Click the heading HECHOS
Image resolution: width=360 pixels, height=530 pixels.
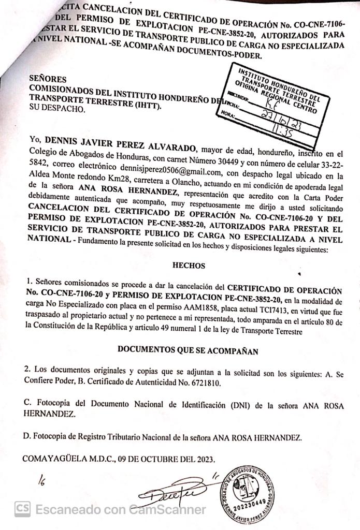tap(189, 266)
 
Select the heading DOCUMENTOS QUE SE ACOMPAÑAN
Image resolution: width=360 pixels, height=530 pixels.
tap(188, 349)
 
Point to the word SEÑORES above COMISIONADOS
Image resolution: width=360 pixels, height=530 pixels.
tap(48, 79)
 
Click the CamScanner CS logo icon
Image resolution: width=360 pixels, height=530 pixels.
tap(22, 509)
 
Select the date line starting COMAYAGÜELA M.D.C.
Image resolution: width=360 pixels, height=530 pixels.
tap(118, 458)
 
